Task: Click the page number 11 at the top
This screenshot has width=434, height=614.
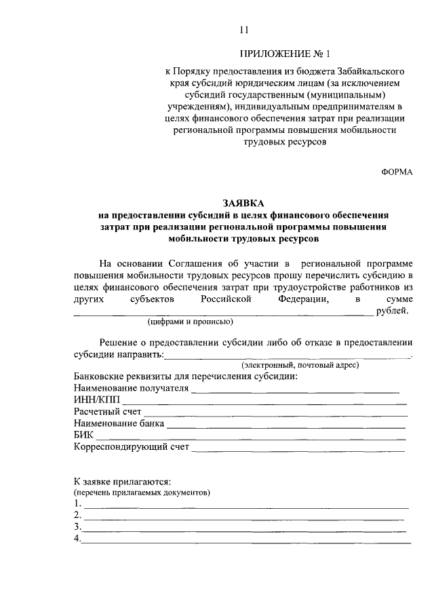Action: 244,29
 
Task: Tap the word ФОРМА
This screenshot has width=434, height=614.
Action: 396,172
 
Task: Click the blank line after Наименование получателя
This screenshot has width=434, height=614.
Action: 294,389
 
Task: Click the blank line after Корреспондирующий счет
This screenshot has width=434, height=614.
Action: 298,448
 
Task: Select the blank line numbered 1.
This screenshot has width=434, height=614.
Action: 245,505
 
